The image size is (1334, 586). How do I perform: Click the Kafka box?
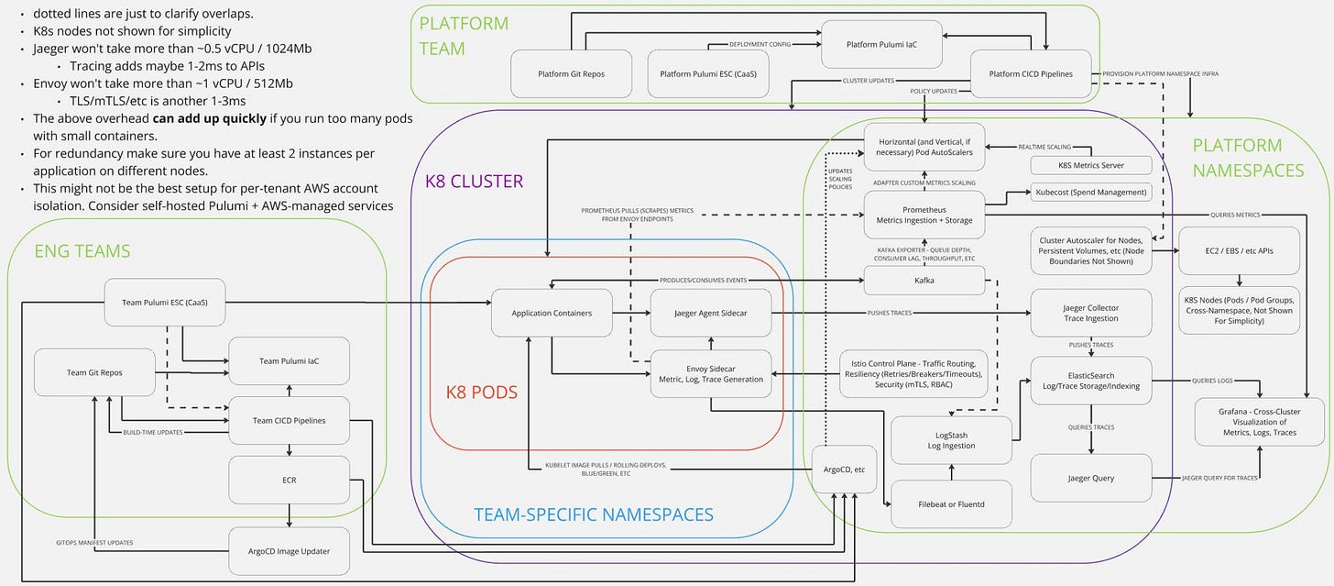click(924, 281)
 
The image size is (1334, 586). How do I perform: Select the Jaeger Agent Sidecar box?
click(710, 313)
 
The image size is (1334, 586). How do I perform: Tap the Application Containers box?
click(552, 313)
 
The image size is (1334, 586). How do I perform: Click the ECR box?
click(289, 480)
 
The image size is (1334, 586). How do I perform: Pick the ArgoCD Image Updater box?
click(289, 551)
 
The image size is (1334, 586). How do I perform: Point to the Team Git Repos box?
click(94, 372)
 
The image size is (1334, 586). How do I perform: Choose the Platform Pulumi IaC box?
click(881, 45)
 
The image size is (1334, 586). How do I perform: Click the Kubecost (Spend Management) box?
click(1091, 192)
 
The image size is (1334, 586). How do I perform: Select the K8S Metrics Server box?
click(1091, 165)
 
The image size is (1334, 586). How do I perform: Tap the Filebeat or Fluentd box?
click(951, 504)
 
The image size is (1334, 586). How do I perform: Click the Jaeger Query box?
click(1091, 478)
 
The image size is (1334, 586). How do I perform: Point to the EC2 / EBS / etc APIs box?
click(1240, 251)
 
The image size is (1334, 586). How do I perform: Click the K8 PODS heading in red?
click(482, 393)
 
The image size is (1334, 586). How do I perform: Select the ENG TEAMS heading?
click(82, 251)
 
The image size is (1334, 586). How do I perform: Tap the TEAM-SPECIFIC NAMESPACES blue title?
click(594, 514)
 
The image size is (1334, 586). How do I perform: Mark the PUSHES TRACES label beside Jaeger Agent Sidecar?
click(889, 313)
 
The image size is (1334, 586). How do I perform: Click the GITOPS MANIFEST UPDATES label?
click(94, 543)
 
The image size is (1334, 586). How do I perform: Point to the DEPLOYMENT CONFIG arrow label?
click(760, 44)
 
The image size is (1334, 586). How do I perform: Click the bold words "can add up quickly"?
click(210, 118)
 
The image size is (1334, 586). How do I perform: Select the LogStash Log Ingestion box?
click(951, 440)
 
